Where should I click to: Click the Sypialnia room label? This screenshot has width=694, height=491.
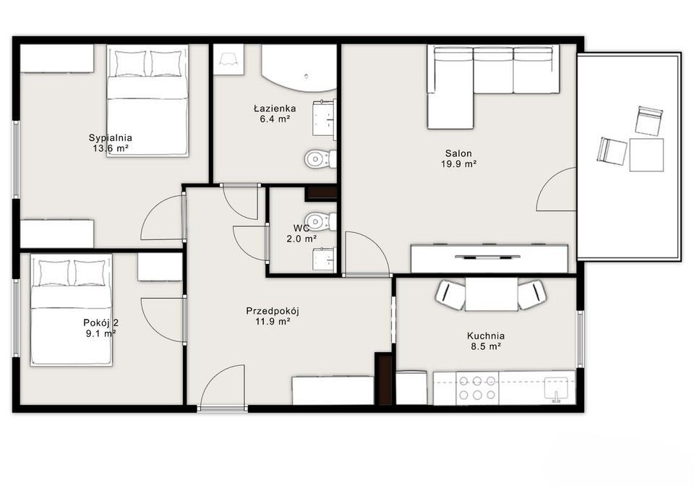pos(110,137)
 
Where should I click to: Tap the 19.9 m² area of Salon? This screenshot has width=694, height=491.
pos(458,164)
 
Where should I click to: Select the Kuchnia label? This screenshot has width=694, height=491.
pos(486,336)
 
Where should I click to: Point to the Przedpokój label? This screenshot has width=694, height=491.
pos(273,311)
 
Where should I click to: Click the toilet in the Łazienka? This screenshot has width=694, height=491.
pos(320,159)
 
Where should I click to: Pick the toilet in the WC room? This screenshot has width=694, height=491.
pos(320,220)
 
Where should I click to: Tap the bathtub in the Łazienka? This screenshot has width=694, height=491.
pos(299,67)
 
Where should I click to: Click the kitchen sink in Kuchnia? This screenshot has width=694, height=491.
pos(556,389)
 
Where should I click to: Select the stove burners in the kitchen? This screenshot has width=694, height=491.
pos(477,388)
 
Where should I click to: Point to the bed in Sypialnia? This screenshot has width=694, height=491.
pos(147,100)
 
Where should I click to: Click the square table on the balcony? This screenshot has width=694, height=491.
pos(646,155)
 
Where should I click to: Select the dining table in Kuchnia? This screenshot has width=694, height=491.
pos(492,294)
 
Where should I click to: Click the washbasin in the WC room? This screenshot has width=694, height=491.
pos(325,259)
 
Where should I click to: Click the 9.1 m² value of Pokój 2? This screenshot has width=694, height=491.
pos(101,334)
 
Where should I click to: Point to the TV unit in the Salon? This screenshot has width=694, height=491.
pos(489,259)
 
